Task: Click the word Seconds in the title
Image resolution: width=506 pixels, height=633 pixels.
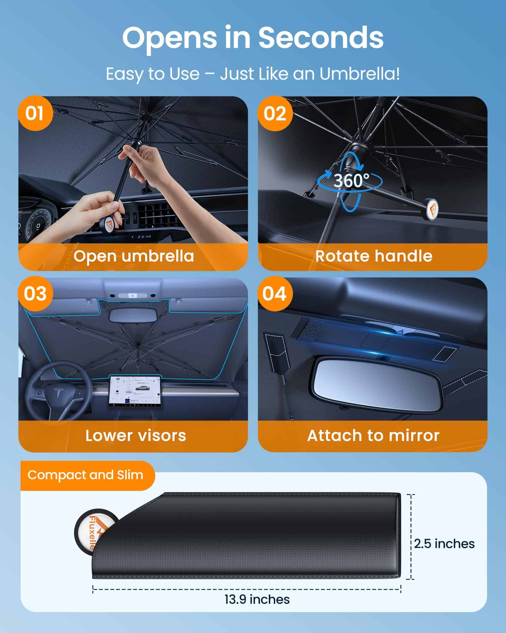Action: point(321,38)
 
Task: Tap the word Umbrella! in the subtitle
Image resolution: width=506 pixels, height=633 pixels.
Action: point(359,74)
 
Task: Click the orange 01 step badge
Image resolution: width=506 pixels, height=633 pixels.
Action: point(34,113)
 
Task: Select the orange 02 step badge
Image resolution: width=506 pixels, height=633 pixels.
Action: point(275,113)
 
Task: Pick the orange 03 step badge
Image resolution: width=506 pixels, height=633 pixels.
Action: point(35,293)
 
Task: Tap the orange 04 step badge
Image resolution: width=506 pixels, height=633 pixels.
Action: point(275,293)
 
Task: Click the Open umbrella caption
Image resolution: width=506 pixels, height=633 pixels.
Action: point(133,256)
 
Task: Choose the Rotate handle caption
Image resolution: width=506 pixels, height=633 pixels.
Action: point(373,256)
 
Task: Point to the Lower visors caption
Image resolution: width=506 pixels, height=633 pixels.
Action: point(136,436)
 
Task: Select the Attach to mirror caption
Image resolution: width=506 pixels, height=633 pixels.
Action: point(373,436)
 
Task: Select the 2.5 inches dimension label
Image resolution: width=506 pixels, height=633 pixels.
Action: point(444,544)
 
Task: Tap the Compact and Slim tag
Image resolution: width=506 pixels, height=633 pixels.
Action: point(85,475)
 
